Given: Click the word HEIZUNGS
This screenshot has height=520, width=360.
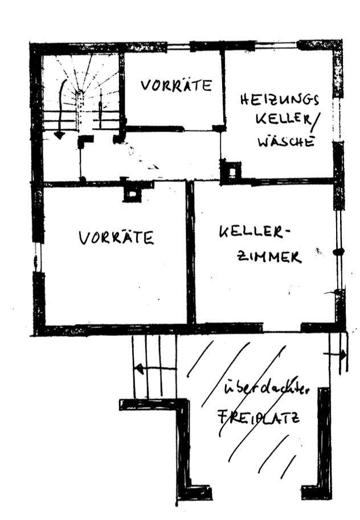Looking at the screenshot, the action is click(279, 100).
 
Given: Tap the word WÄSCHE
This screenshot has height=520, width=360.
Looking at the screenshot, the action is click(287, 141).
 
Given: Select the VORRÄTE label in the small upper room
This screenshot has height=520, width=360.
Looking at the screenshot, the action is click(177, 86).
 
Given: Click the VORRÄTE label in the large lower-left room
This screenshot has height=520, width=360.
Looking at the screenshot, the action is click(116, 236).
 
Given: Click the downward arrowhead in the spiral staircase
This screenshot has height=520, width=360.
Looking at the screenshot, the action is click(59, 135).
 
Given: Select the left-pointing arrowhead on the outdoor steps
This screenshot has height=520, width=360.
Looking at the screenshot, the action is click(138, 368).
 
